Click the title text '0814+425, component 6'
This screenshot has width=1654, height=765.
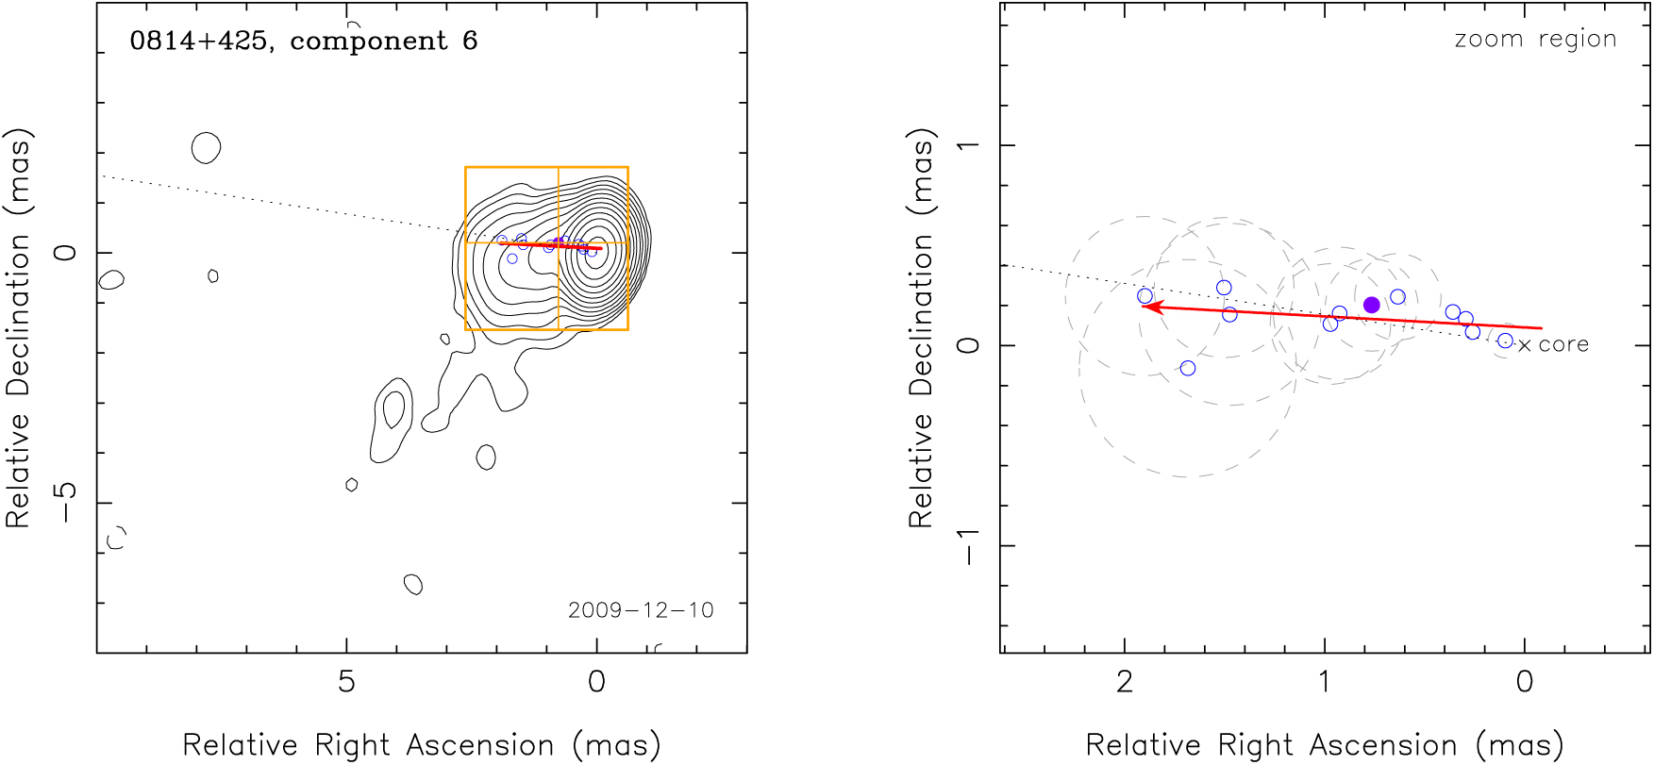pyautogui.click(x=303, y=41)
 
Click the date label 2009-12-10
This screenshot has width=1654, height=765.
pyautogui.click(x=641, y=610)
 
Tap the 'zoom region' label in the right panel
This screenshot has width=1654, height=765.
pyautogui.click(x=1535, y=40)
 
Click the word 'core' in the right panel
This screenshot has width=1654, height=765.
pyautogui.click(x=1563, y=345)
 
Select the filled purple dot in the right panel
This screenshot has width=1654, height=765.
pyautogui.click(x=1372, y=305)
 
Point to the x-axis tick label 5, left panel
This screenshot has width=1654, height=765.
pyautogui.click(x=346, y=682)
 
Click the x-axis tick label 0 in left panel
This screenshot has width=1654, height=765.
pyautogui.click(x=596, y=682)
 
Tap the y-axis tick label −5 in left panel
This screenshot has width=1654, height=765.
pyautogui.click(x=66, y=502)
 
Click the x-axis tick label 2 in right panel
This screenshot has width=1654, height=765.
pyautogui.click(x=1124, y=682)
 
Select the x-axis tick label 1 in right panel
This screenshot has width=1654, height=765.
pyautogui.click(x=1325, y=682)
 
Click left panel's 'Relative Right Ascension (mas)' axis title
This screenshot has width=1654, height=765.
pyautogui.click(x=421, y=745)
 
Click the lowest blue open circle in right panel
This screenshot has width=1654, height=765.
pyautogui.click(x=1188, y=368)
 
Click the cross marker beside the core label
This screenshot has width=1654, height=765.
pyautogui.click(x=1525, y=346)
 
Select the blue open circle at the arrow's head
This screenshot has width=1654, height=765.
pyautogui.click(x=1145, y=296)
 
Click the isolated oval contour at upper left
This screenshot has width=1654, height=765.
pyautogui.click(x=206, y=148)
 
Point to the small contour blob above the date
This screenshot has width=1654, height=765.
pyautogui.click(x=413, y=584)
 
